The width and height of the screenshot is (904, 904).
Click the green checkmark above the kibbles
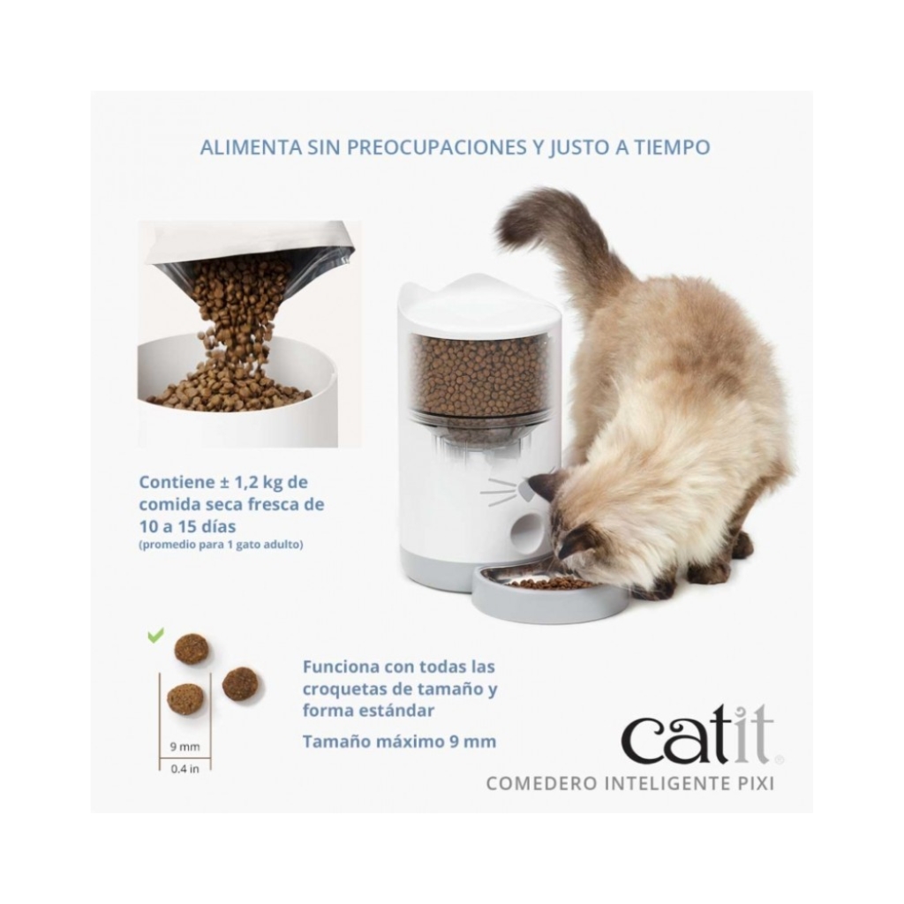(x=155, y=636)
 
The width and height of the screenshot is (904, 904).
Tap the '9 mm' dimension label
(x=185, y=747)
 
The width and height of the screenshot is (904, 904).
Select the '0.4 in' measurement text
(x=185, y=769)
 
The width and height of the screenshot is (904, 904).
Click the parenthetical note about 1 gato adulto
(x=221, y=544)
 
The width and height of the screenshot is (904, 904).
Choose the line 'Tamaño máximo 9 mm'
(x=400, y=741)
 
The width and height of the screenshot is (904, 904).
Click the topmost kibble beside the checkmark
(x=192, y=648)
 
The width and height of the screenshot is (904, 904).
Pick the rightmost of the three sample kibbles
(x=240, y=684)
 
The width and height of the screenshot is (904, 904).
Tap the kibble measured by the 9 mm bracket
(x=185, y=699)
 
